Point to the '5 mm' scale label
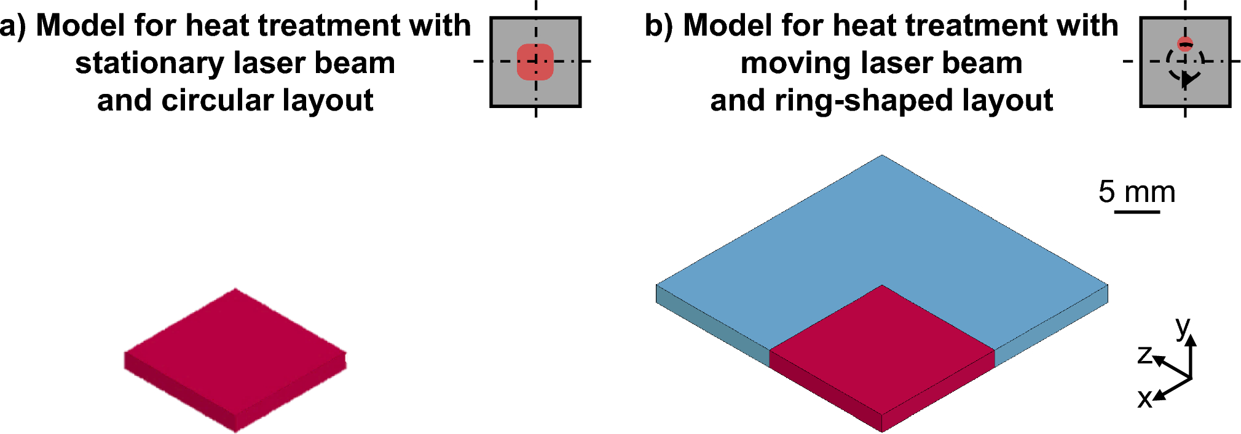[x=1137, y=192]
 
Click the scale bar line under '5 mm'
[x=1137, y=212]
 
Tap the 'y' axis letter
[x=1183, y=327]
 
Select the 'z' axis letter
[x=1144, y=355]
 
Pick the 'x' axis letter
[x=1144, y=399]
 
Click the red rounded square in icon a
[x=535, y=62]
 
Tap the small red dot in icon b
[x=1185, y=44]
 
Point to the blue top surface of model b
[x=881, y=227]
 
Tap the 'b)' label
[x=659, y=26]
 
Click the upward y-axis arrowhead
[x=1191, y=339]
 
